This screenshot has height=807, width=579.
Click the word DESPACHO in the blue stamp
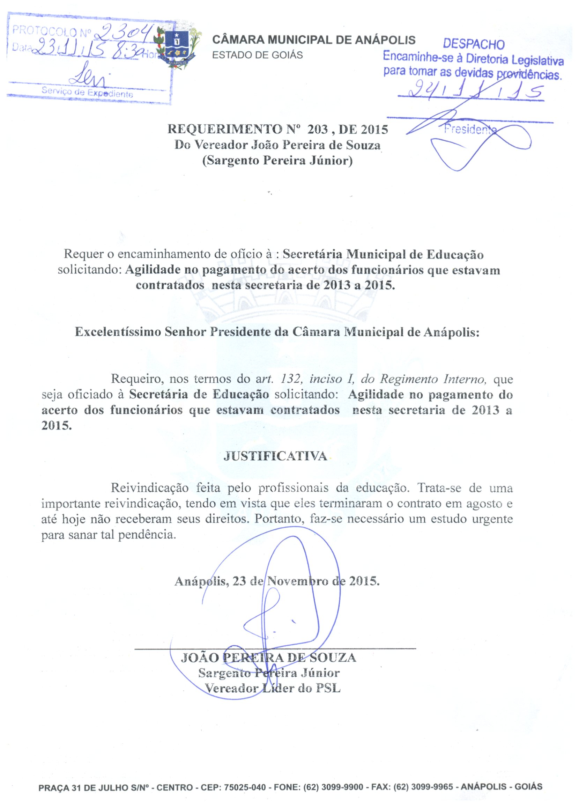point(473,44)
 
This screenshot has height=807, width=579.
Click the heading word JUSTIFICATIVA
point(275,456)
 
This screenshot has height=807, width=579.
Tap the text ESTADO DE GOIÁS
point(257,55)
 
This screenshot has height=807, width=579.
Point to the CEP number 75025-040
point(245,786)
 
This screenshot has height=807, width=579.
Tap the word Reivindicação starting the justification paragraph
point(149,488)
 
